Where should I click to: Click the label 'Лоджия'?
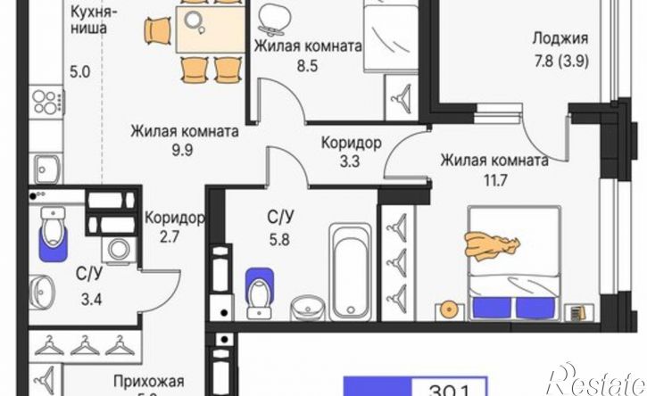[x=560, y=37]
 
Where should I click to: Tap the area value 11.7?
[x=494, y=179]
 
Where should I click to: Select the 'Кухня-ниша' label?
[x=89, y=21]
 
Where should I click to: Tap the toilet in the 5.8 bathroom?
[x=260, y=290]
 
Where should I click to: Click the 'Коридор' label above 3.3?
[x=352, y=143]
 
